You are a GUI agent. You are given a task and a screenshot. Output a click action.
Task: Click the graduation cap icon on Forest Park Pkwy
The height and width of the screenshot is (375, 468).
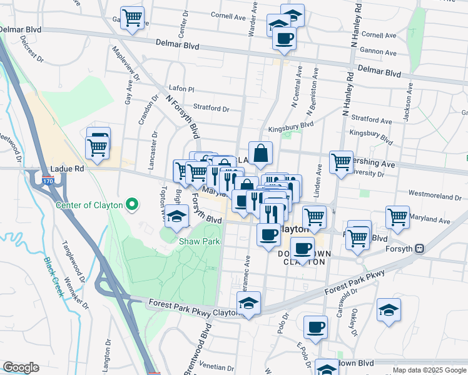pyautogui.click(x=249, y=304)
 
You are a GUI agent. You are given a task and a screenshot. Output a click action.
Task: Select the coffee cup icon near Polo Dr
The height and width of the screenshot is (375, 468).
pyautogui.click(x=315, y=326)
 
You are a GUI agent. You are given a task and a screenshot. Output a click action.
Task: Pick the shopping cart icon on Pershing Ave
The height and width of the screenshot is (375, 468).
pyautogui.click(x=341, y=162)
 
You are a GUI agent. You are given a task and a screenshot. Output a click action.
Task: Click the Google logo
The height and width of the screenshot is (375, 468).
pyautogui.click(x=21, y=367)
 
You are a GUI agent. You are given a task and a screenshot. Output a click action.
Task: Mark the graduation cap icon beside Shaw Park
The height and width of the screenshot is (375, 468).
pyautogui.click(x=177, y=216)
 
